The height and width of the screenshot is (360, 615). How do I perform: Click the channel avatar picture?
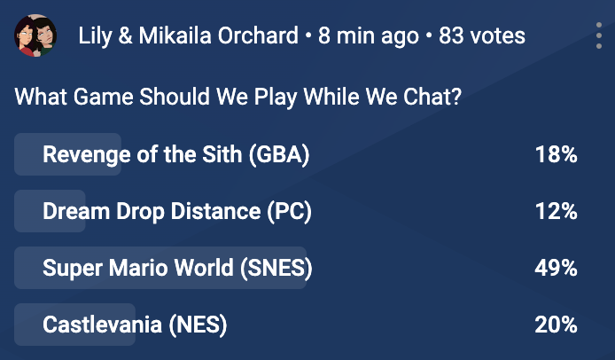(35, 35)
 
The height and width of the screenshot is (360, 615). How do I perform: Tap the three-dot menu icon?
(598, 35)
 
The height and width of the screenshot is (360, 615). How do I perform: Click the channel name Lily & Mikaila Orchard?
(188, 35)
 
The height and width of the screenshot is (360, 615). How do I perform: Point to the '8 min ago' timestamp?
(369, 36)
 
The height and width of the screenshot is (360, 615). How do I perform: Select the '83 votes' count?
(482, 35)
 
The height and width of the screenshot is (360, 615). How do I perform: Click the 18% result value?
(557, 154)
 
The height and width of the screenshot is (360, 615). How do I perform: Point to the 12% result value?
(557, 211)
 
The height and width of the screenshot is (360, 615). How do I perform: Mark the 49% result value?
(556, 268)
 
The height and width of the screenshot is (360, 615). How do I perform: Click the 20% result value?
(556, 325)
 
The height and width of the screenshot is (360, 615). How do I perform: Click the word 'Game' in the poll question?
(103, 97)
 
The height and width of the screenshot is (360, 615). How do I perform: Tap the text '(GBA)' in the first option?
(279, 154)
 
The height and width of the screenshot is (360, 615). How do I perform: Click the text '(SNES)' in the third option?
(276, 268)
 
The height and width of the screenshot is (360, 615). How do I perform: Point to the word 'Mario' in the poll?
(138, 268)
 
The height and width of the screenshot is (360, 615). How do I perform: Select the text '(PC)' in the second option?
(290, 211)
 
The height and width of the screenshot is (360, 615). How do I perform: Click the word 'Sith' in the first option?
(222, 154)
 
